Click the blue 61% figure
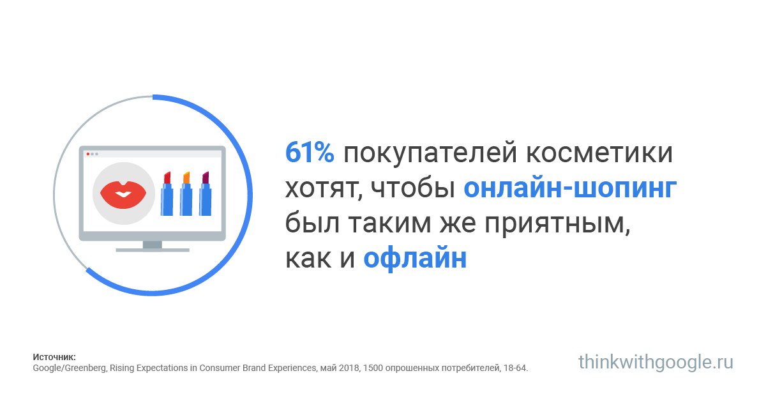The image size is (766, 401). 310,153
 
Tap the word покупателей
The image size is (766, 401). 430,154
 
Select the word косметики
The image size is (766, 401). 599,153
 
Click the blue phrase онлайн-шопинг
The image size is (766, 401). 570,188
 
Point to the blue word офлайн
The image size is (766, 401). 415,258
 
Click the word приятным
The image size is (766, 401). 557,223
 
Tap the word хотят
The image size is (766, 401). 324,189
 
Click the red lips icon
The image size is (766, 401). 123,195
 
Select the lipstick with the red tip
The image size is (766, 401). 167,193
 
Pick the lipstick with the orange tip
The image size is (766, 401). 186,193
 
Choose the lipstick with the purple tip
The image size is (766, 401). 205,193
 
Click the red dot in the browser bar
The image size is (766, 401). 88,154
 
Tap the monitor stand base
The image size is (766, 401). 153,250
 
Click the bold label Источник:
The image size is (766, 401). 54,357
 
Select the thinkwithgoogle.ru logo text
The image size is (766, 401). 656,363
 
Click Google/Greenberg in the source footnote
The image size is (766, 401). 70,368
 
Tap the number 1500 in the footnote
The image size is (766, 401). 372,368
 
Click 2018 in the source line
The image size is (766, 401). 349,368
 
